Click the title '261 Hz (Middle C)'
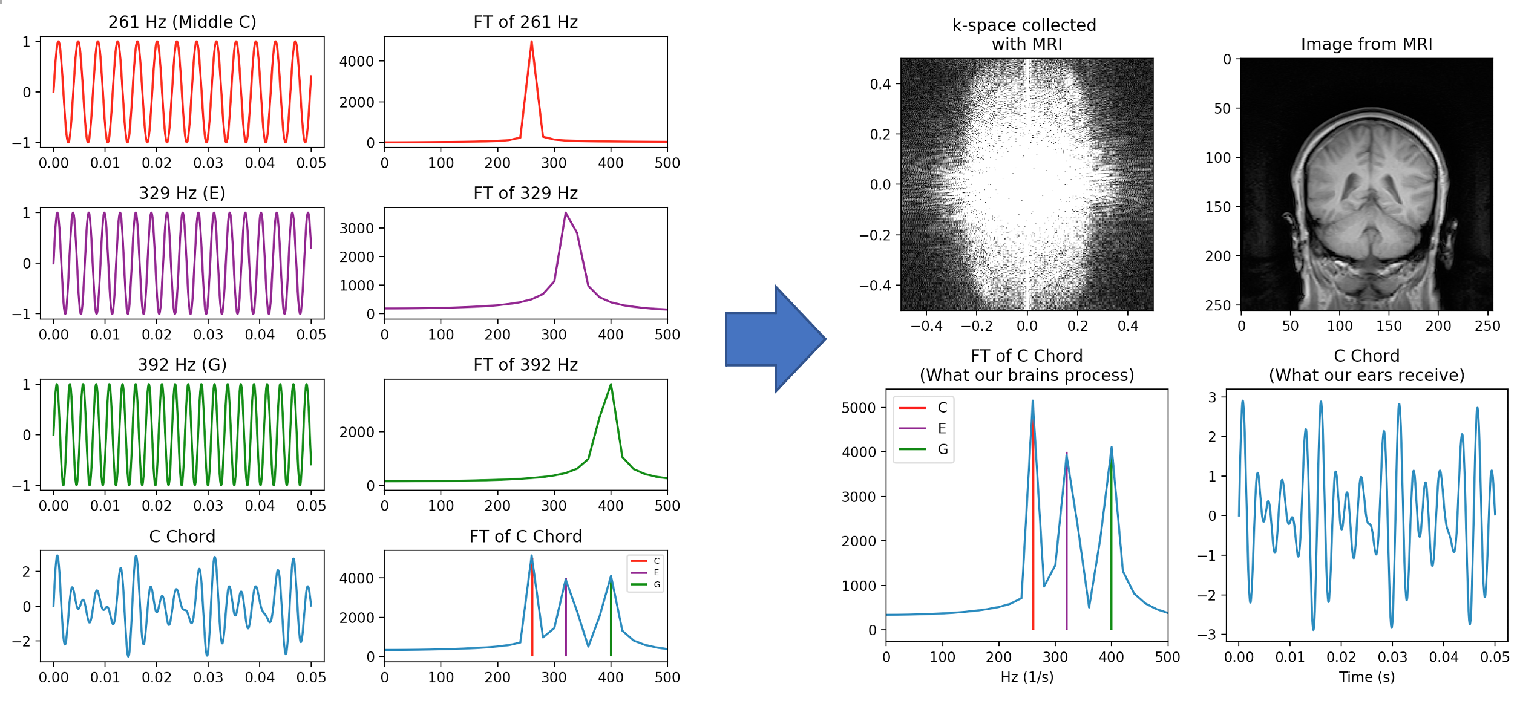(x=182, y=22)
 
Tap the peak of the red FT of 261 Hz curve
(x=531, y=42)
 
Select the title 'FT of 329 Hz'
(x=525, y=193)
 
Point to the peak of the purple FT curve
(x=565, y=214)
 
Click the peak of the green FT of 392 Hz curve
(x=611, y=385)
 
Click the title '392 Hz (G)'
(x=182, y=365)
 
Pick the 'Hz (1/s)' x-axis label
(x=1026, y=677)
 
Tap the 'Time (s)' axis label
(x=1366, y=677)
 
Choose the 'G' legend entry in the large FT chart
(x=942, y=449)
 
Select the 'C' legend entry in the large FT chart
(x=942, y=408)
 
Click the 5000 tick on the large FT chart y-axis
(x=858, y=408)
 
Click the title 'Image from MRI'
(x=1366, y=44)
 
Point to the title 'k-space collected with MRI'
(x=1024, y=34)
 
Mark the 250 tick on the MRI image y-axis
(x=1217, y=305)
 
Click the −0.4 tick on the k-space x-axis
(x=926, y=326)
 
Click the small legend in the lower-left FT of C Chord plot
(x=646, y=573)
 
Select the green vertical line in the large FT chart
(x=1111, y=544)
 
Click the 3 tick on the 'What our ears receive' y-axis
(x=1212, y=397)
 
